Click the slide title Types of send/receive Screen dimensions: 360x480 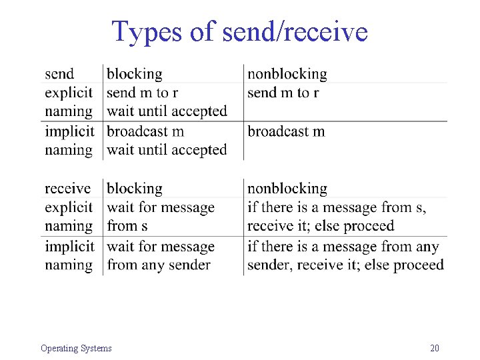(239, 31)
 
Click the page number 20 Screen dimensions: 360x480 (435, 348)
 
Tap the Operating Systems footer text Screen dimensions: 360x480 (76, 348)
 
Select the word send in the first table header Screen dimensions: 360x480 (59, 74)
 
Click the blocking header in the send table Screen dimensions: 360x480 (134, 74)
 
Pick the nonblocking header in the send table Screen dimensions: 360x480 (287, 74)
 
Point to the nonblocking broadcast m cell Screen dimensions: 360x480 (286, 131)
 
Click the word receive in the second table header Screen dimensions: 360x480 (67, 189)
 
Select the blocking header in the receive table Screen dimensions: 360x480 (134, 189)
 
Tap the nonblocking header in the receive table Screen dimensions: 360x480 (287, 189)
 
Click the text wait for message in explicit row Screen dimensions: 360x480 (161, 207)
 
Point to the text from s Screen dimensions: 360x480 (127, 226)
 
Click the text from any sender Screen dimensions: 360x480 (159, 265)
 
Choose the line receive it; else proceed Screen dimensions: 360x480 (321, 226)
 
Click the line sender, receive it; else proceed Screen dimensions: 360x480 (345, 265)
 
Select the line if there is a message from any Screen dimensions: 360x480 (343, 247)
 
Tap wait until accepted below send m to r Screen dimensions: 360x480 (167, 111)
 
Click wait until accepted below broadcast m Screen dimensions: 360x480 (167, 150)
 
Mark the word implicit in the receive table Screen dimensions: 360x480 (69, 247)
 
